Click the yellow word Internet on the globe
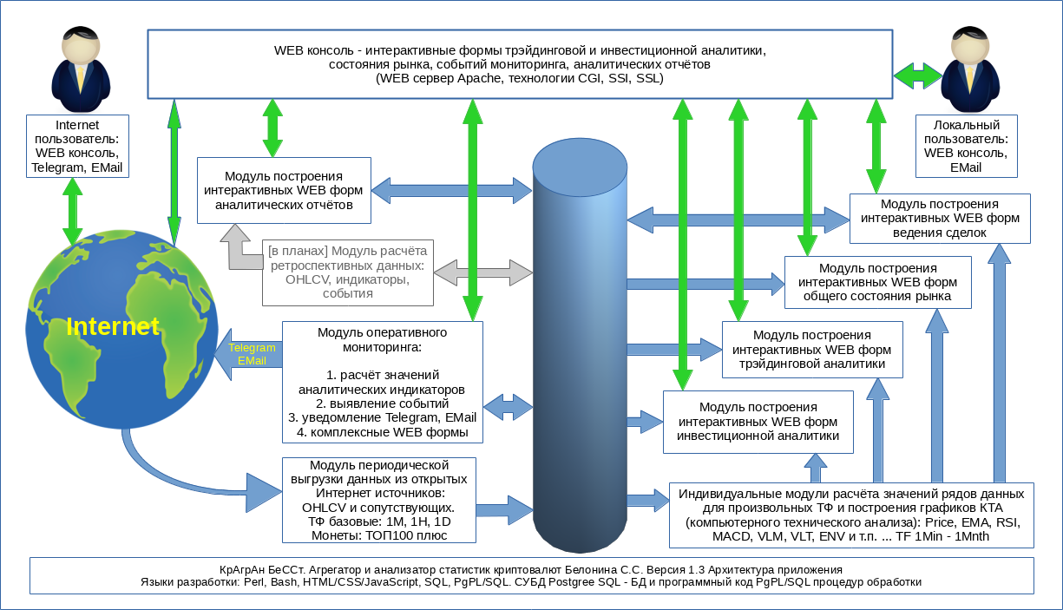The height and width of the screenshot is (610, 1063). coord(113,326)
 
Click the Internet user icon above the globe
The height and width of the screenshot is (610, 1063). coord(81,62)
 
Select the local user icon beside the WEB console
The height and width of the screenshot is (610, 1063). coord(970,62)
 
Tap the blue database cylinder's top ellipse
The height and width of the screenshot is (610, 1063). coord(580,167)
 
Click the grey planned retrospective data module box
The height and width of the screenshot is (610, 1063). coord(348,272)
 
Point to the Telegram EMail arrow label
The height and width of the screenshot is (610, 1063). coord(252,354)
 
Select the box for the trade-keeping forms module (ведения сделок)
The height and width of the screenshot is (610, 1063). coord(940,219)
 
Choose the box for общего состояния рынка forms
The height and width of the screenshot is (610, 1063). coord(878,283)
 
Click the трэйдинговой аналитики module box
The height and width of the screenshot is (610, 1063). coord(812,350)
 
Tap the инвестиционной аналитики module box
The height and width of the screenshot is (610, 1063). coord(758,422)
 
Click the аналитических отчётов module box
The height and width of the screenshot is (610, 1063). coord(284,190)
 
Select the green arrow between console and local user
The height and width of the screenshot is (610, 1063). coord(918,76)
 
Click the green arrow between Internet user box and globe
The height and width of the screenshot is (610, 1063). coord(73,212)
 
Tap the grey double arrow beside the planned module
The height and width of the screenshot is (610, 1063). coord(483,273)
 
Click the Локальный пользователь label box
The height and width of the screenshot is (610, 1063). coord(966,147)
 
